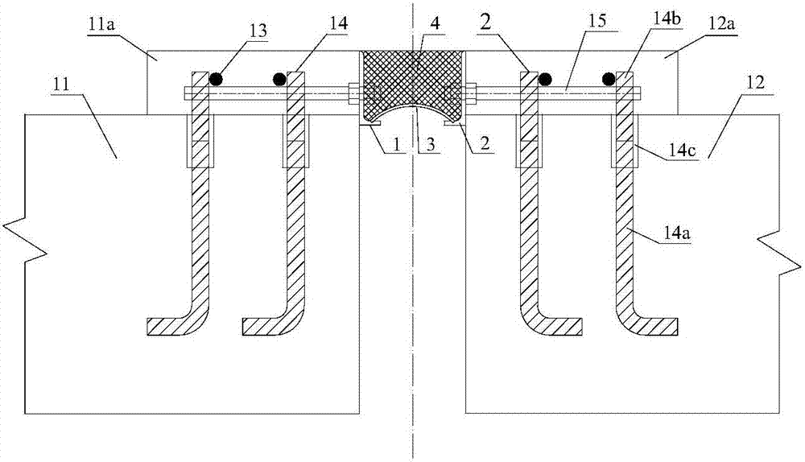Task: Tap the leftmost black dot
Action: point(215,79)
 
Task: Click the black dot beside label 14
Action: point(279,79)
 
